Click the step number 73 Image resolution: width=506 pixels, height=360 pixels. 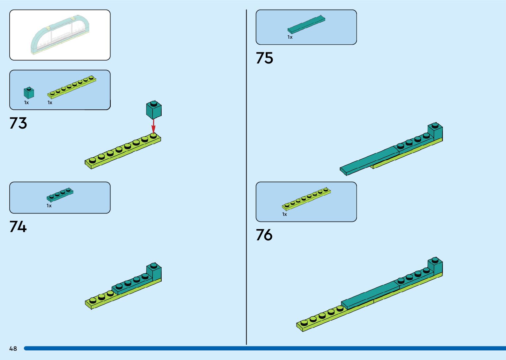tap(18, 123)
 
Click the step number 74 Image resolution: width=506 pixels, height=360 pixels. tap(18, 227)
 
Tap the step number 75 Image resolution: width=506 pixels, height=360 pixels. tap(264, 58)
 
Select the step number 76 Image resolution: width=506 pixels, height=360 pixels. tap(264, 235)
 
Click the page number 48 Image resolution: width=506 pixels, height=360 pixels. tap(13, 348)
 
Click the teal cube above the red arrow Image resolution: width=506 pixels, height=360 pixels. tap(154, 110)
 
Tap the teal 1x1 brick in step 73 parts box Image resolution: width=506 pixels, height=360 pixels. tap(29, 93)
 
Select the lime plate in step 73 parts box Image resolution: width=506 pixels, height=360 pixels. tap(72, 87)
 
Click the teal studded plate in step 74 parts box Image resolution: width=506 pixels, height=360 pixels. tap(60, 195)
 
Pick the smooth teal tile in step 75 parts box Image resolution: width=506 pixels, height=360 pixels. tap(306, 25)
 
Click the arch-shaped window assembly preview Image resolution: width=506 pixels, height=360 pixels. tap(60, 35)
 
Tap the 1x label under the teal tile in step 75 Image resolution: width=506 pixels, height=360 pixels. tap(290, 37)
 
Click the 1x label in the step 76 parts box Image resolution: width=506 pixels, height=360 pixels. tap(285, 215)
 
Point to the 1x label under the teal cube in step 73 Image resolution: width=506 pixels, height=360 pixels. tap(26, 103)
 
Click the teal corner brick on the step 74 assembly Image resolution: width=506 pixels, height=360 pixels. tap(154, 272)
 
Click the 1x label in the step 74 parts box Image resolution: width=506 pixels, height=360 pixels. tap(49, 206)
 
